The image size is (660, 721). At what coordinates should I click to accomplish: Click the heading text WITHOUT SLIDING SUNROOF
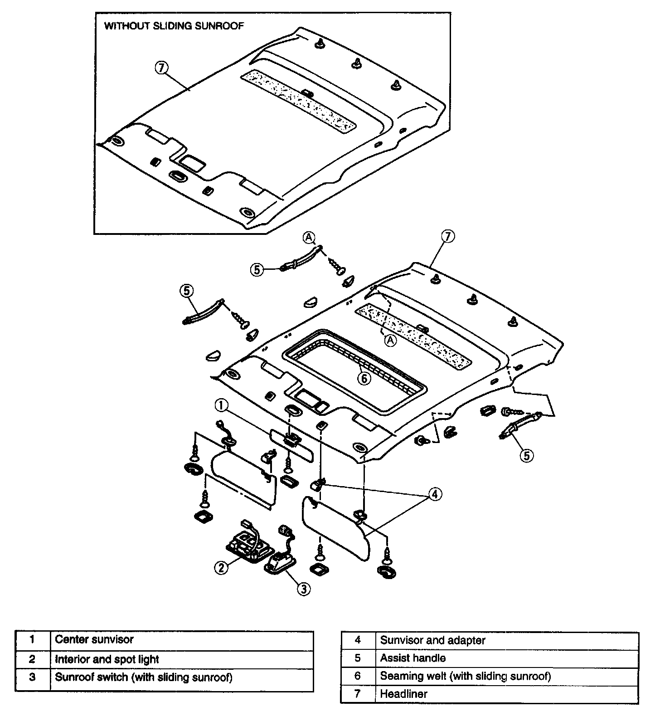[174, 26]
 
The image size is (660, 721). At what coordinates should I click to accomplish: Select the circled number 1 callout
[221, 405]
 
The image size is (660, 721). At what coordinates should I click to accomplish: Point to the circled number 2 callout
[221, 567]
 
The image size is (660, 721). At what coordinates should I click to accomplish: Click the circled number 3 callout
[303, 589]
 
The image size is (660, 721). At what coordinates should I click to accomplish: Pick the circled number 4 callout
[434, 494]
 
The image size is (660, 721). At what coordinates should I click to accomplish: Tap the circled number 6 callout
[364, 378]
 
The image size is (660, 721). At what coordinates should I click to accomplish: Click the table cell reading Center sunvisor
[181, 640]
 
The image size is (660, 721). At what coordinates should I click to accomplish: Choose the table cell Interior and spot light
[181, 659]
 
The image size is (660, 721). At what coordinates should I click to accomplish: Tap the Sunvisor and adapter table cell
[507, 640]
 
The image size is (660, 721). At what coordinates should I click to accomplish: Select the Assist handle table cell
[507, 658]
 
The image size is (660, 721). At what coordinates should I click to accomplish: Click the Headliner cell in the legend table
[507, 694]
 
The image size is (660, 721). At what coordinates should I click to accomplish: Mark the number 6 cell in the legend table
[358, 676]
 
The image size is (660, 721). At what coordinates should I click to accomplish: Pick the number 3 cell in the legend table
[32, 677]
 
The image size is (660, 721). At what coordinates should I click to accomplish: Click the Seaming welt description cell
[507, 676]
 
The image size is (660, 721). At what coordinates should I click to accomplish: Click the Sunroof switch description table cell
[181, 677]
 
